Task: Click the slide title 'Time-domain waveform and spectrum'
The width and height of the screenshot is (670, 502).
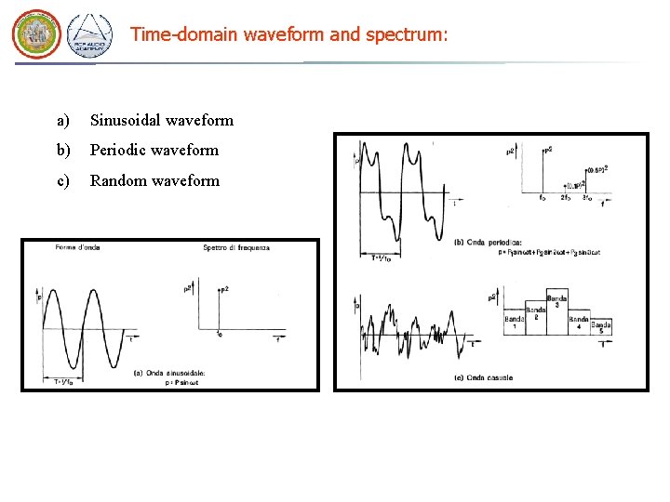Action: coord(288,34)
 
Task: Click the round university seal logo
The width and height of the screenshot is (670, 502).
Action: coord(35,34)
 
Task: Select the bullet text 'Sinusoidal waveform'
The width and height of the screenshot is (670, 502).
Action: coord(161,120)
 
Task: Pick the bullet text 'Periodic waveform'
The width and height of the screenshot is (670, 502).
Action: coord(154,150)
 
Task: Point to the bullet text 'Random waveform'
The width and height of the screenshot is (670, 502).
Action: coord(154,180)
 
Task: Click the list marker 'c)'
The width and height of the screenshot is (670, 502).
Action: coord(63,180)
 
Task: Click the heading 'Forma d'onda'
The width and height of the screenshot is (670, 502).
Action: coord(78,247)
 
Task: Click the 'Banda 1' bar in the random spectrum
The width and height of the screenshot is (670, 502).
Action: coord(514,322)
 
